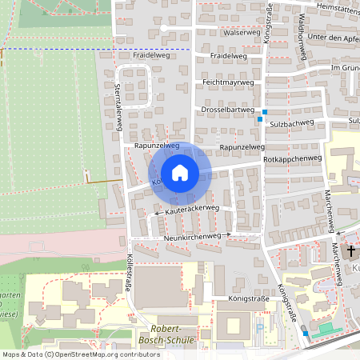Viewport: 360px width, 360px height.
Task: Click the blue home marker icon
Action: click(180, 173)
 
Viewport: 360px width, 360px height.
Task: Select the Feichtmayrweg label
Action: click(228, 82)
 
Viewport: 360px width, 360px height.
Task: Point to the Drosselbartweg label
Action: click(228, 110)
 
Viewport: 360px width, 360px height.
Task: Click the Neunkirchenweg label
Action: click(191, 237)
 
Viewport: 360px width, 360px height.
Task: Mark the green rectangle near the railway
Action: click(324, 328)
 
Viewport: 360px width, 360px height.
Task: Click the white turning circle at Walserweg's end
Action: click(162, 28)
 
